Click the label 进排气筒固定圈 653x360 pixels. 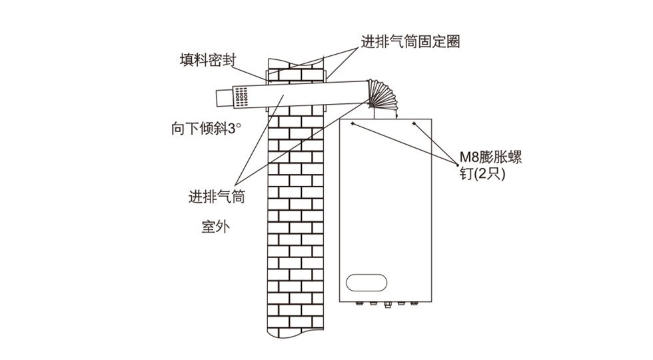tap(410, 42)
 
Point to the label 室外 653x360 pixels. tap(215, 227)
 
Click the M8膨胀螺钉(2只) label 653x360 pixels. tap(490, 166)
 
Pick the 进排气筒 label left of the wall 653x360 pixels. tap(217, 197)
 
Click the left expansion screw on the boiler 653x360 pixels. tap(353, 123)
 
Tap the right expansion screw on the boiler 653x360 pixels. tap(414, 123)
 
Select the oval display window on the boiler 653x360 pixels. tap(366, 282)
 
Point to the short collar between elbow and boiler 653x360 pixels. tap(386, 115)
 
